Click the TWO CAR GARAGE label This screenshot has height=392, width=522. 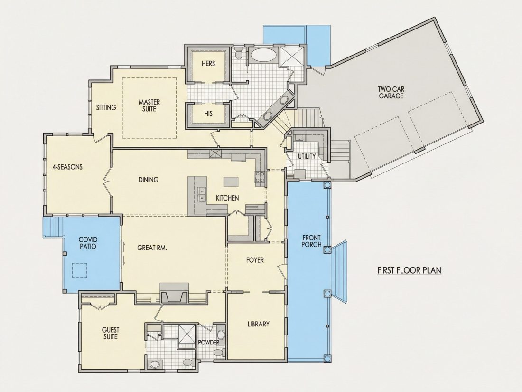pyautogui.click(x=391, y=92)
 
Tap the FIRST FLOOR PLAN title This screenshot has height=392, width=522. pyautogui.click(x=410, y=270)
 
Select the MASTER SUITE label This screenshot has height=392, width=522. pyautogui.click(x=149, y=105)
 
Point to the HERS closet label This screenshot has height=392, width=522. pyautogui.click(x=208, y=63)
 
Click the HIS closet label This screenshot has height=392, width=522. pyautogui.click(x=208, y=114)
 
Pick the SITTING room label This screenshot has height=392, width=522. pyautogui.click(x=106, y=107)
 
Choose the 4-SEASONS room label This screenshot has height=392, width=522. pyautogui.click(x=67, y=167)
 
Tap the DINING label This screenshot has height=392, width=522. pyautogui.click(x=149, y=180)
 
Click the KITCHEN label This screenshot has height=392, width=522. pyautogui.click(x=227, y=198)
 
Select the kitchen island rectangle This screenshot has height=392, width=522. pyautogui.click(x=232, y=182)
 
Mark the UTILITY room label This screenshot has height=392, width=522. pyautogui.click(x=307, y=156)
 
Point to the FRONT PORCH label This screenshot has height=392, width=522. pyautogui.click(x=312, y=241)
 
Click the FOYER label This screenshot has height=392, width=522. pyautogui.click(x=255, y=259)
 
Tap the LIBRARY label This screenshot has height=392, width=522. pyautogui.click(x=258, y=324)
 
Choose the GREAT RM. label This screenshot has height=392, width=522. pyautogui.click(x=152, y=248)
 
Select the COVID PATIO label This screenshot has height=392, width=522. pyautogui.click(x=88, y=243)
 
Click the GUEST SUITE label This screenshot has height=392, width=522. pyautogui.click(x=111, y=334)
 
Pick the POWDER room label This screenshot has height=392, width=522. pyautogui.click(x=209, y=342)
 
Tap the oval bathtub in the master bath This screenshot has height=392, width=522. pyautogui.click(x=263, y=55)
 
